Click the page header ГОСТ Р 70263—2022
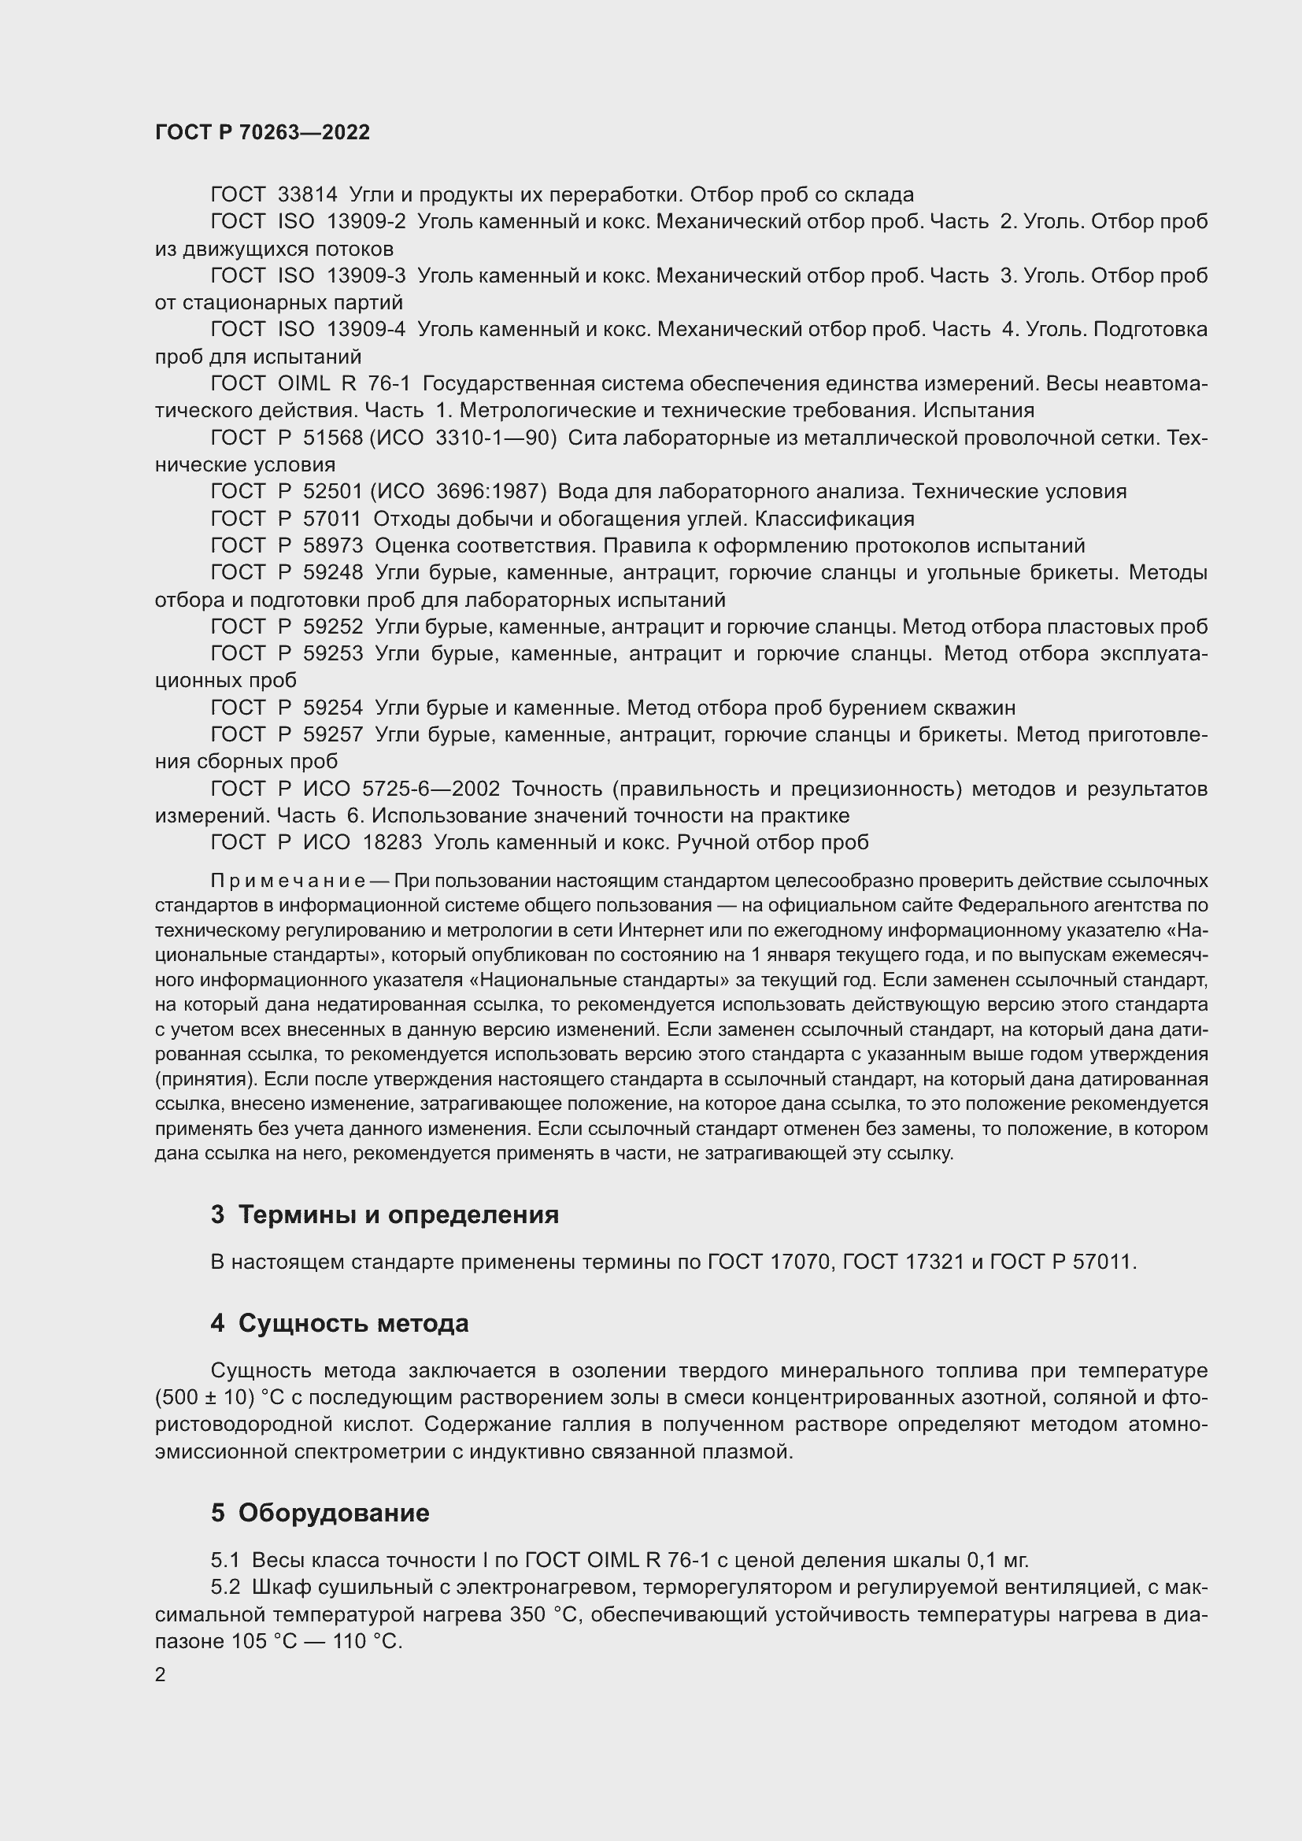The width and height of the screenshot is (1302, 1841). pyautogui.click(x=262, y=132)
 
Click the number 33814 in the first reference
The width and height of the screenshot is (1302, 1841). pyautogui.click(x=307, y=195)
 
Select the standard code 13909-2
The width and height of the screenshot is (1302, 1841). pyautogui.click(x=365, y=221)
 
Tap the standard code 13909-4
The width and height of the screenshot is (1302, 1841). pyautogui.click(x=365, y=330)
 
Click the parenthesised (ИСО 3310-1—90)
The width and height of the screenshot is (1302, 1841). pyautogui.click(x=463, y=438)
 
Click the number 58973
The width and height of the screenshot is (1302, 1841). pyautogui.click(x=333, y=546)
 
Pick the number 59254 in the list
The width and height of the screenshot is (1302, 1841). pyautogui.click(x=333, y=708)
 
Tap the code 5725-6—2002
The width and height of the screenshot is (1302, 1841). pyautogui.click(x=431, y=789)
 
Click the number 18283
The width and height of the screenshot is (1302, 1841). pyautogui.click(x=392, y=843)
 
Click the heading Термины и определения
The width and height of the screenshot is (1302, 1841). pyautogui.click(x=398, y=1214)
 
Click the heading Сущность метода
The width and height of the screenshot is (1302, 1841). pyautogui.click(x=353, y=1323)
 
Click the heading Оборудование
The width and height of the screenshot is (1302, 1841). pyautogui.click(x=334, y=1513)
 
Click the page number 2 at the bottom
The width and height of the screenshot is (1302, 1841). pyautogui.click(x=161, y=1675)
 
